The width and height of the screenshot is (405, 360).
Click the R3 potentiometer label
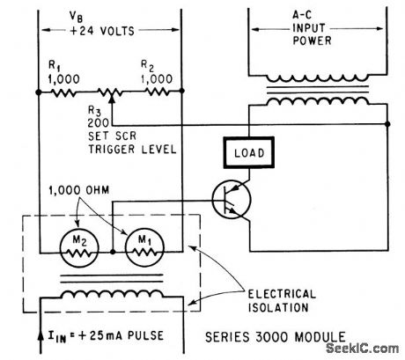95,109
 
